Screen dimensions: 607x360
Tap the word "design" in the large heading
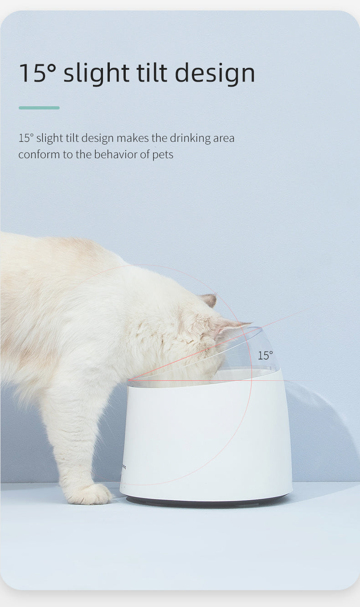tap(215, 73)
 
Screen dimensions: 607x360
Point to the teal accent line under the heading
tap(39, 108)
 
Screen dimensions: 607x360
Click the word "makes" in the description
tap(132, 138)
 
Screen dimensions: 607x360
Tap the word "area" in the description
tap(223, 138)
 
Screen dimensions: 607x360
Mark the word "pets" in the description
tap(163, 155)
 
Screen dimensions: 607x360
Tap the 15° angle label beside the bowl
tap(265, 355)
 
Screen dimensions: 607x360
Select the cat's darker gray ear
tap(209, 300)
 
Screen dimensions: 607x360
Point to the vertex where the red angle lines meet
tap(129, 380)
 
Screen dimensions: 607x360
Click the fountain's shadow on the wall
tap(319, 433)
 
